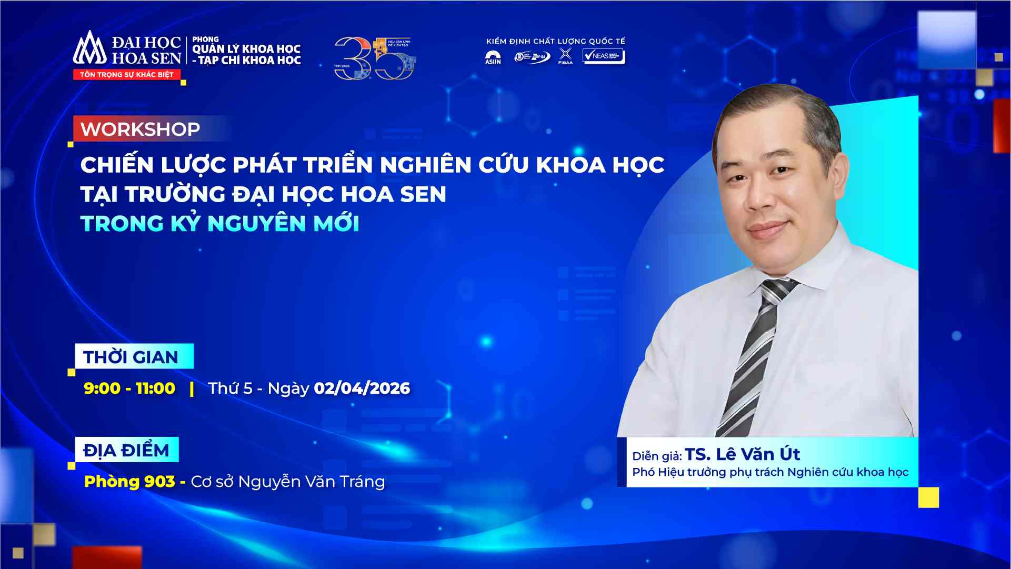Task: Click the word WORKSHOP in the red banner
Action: [x=140, y=129]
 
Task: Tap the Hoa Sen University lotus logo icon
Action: [x=89, y=48]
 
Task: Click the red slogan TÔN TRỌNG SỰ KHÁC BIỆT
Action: [x=126, y=75]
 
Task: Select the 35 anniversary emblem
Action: [x=375, y=58]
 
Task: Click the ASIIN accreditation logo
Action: [x=493, y=57]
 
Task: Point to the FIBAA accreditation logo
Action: [x=565, y=56]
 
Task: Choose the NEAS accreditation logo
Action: [x=604, y=56]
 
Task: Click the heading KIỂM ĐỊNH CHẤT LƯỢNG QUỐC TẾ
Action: [x=555, y=41]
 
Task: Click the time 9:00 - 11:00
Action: [x=129, y=388]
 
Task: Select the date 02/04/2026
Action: [x=362, y=388]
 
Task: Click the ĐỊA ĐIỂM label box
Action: [x=126, y=450]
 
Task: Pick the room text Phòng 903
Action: [x=129, y=482]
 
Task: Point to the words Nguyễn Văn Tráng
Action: [x=312, y=482]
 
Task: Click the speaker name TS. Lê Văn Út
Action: [x=742, y=454]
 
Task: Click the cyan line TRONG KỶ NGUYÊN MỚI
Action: [x=220, y=224]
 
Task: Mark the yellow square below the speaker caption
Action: [x=928, y=497]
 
